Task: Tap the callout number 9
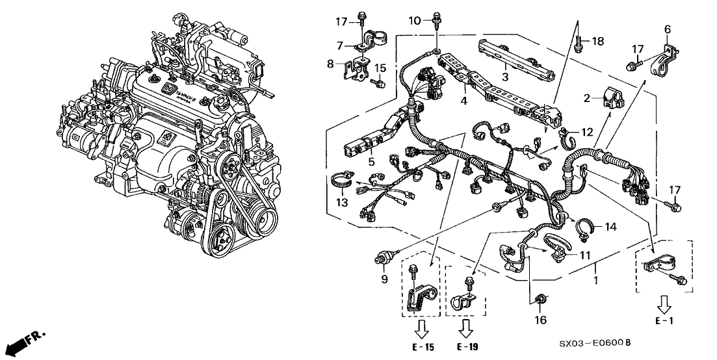(384, 278)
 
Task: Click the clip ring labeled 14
(582, 225)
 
